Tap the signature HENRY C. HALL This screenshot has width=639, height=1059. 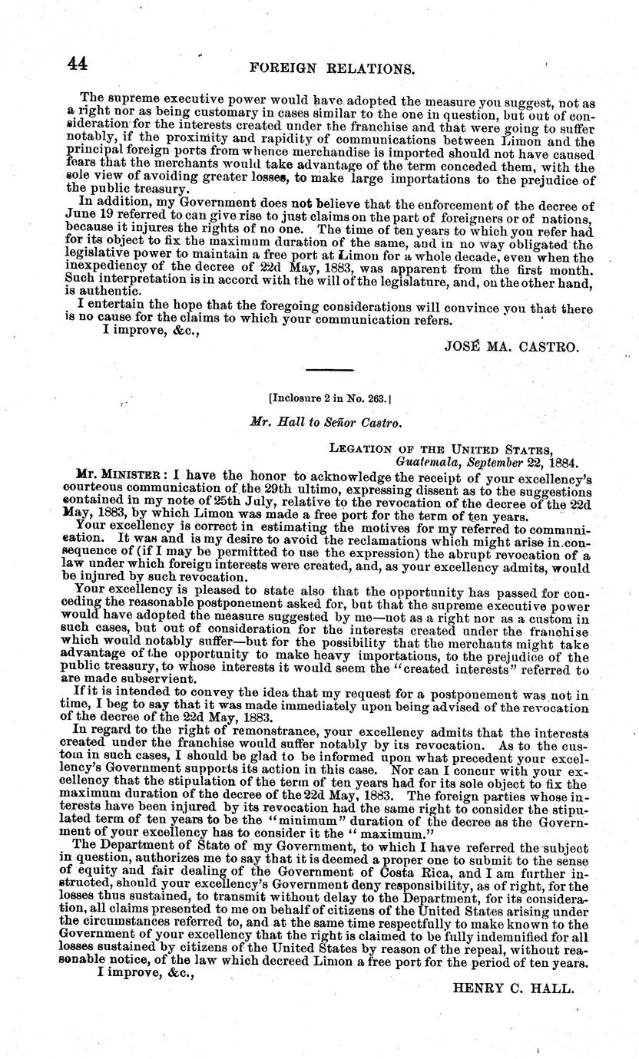click(514, 988)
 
